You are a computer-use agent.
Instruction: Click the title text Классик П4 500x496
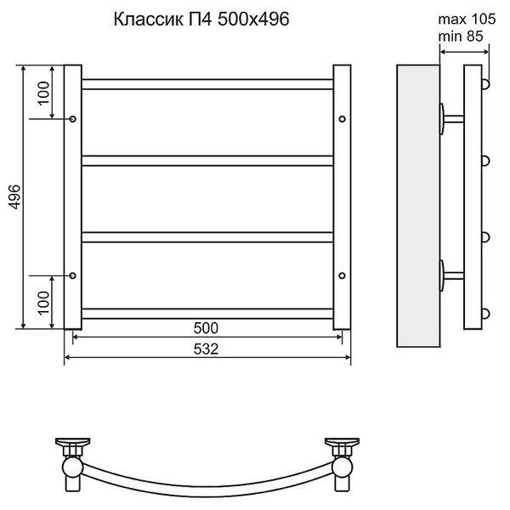[201, 20]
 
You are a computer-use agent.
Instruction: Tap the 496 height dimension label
[14, 197]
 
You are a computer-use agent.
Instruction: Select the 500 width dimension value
[206, 328]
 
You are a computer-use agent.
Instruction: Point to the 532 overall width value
[206, 349]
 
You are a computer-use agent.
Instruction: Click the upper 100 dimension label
[43, 93]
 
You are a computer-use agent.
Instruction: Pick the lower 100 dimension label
[43, 303]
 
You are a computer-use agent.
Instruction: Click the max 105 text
[467, 20]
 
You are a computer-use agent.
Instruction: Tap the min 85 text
[461, 36]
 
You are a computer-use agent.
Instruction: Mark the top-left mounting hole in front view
[73, 119]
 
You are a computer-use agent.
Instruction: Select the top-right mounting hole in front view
[342, 119]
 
